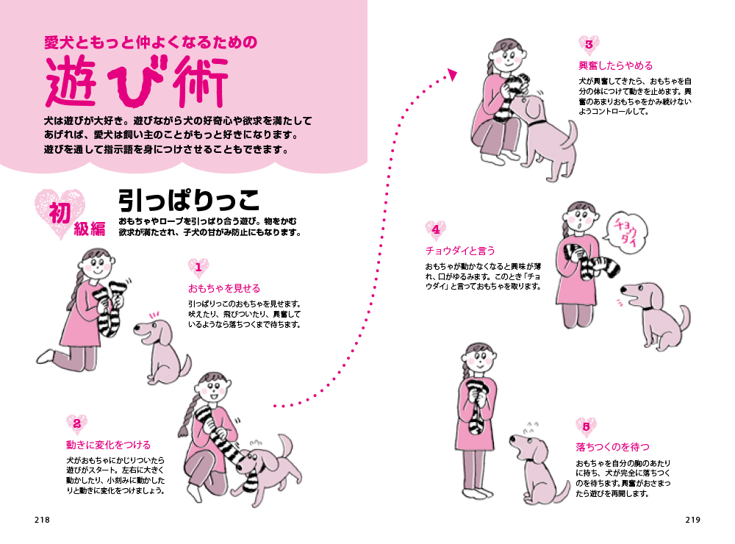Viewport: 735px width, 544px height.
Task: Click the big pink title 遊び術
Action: (x=137, y=81)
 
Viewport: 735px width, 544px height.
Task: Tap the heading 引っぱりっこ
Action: (x=188, y=200)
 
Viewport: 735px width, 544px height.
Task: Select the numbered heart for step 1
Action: (x=198, y=268)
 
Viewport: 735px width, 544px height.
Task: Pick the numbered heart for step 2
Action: (x=77, y=424)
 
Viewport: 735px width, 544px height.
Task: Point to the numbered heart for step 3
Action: (x=589, y=45)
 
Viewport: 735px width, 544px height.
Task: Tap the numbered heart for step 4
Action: (x=436, y=230)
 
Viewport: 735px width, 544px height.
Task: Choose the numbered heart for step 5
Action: (x=586, y=427)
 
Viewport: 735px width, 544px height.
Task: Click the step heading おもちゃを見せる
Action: (x=224, y=288)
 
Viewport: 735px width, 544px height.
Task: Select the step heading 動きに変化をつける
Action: (x=108, y=445)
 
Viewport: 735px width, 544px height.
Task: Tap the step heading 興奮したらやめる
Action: (x=615, y=65)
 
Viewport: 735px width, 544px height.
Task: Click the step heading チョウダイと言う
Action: (x=460, y=251)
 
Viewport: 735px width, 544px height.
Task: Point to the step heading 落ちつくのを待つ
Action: (x=613, y=447)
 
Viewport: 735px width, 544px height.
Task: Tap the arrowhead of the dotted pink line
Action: (x=452, y=74)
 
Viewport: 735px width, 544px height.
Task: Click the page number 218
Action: (x=42, y=520)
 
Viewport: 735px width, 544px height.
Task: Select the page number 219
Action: (x=693, y=520)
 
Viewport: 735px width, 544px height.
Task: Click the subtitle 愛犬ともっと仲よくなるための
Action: (x=151, y=43)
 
